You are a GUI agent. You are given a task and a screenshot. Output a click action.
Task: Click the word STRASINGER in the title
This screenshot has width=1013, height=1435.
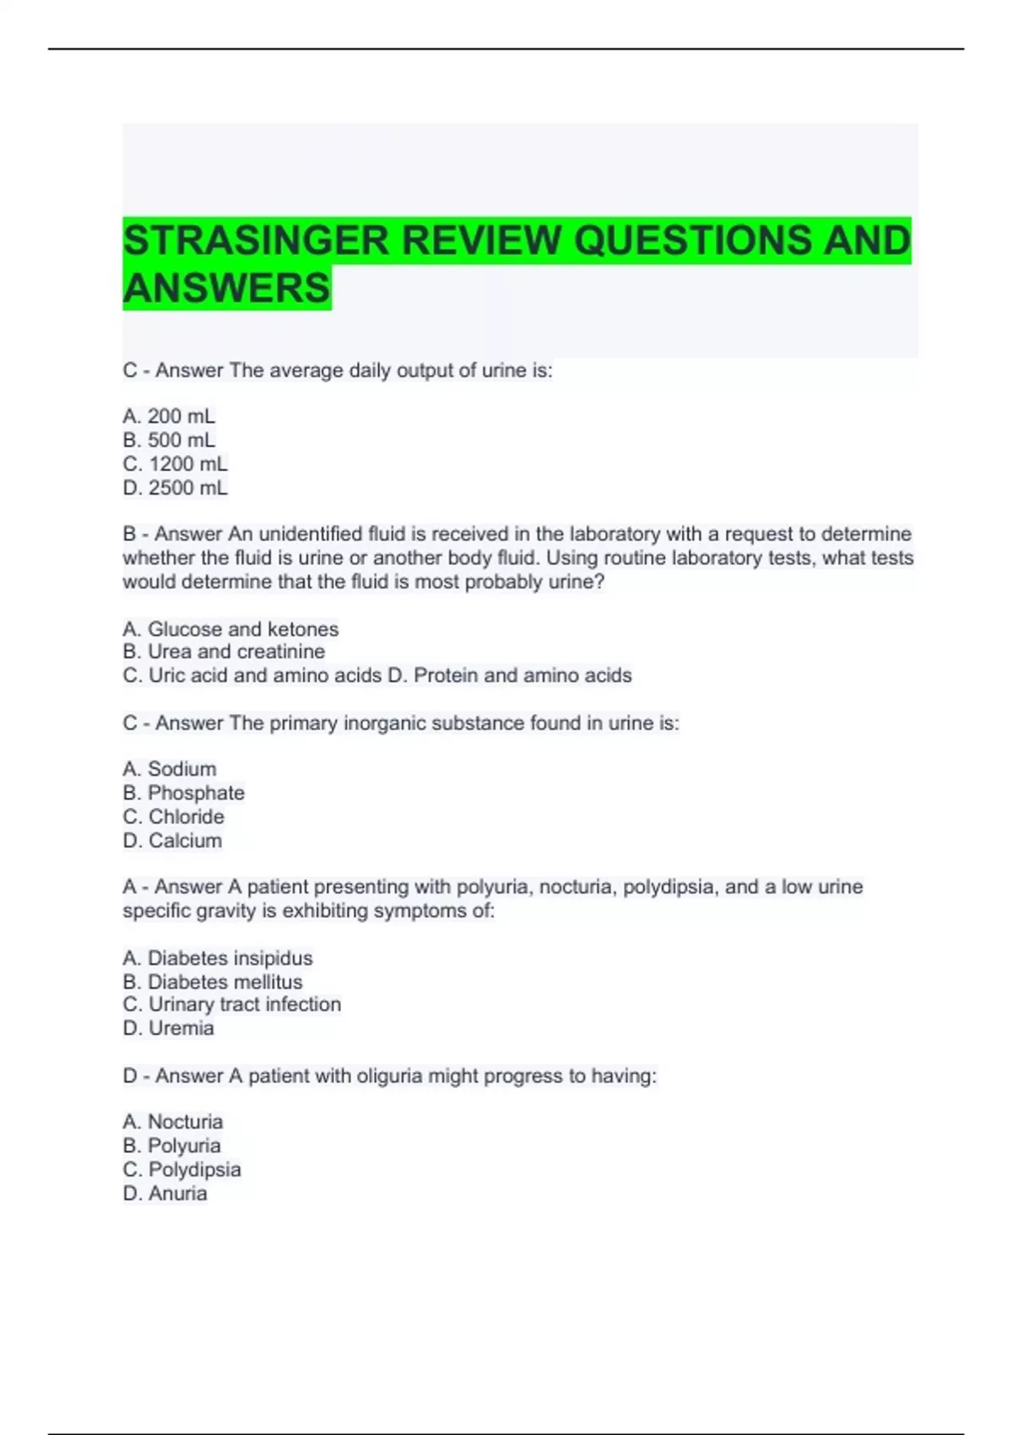256,241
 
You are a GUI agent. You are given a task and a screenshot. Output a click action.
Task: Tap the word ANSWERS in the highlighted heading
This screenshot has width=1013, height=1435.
226,288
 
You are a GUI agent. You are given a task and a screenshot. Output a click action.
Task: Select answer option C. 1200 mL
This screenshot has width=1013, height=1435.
175,463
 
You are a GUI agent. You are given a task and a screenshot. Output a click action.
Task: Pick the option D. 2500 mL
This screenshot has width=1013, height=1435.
175,488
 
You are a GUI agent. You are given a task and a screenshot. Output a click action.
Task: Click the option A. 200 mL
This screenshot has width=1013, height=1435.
169,416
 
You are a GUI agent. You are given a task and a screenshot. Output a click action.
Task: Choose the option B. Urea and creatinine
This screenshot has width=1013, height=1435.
224,652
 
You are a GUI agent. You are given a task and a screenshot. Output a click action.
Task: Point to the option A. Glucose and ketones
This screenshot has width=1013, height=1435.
230,629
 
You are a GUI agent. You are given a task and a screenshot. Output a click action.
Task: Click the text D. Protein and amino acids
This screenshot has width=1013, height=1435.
509,675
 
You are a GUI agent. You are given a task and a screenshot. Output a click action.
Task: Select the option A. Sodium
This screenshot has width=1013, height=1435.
169,769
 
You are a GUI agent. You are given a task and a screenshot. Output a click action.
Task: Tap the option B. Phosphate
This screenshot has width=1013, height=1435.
183,793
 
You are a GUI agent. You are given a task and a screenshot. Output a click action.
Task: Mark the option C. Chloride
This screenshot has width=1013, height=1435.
173,816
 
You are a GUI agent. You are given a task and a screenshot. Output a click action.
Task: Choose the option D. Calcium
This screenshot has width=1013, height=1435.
172,841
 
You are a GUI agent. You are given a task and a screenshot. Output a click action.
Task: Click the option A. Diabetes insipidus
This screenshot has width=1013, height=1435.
217,958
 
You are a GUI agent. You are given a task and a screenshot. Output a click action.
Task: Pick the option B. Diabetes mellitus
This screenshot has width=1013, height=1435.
212,982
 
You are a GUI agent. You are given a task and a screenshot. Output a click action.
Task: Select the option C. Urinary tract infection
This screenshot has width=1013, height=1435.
231,1004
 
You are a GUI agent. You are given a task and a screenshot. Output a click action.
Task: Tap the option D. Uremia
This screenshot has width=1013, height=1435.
168,1028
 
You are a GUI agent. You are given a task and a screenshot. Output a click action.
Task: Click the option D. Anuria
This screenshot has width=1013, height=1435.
165,1194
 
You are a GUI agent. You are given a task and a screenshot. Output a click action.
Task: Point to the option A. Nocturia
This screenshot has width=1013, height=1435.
172,1122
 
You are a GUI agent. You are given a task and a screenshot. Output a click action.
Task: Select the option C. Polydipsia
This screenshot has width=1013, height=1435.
181,1170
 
